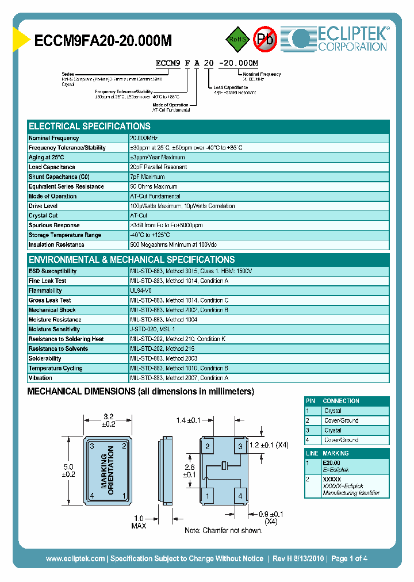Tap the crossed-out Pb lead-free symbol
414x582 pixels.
pos(266,39)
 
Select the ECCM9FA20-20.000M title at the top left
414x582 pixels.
pos(95,41)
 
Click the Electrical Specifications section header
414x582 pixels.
pos(90,127)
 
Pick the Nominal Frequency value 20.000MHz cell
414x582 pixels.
pos(144,138)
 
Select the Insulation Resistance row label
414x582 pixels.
pos(56,245)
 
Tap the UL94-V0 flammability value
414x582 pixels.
pos(141,291)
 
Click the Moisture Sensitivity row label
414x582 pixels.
pos(55,330)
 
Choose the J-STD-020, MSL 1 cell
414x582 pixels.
pos(152,330)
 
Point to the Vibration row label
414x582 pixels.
pos(40,378)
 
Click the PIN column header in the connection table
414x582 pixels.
pos(311,401)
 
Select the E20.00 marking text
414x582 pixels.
pos(331,463)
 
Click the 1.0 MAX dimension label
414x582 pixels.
pos(139,522)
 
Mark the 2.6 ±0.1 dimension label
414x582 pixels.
pos(189,471)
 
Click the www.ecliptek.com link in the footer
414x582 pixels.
pos(75,558)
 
